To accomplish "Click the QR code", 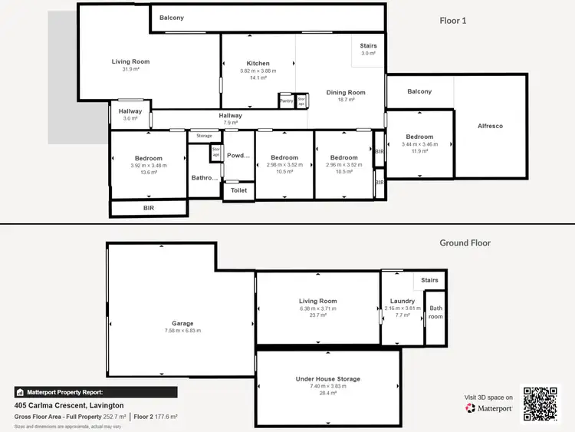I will pos(541,403).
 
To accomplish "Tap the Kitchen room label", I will pos(258,63).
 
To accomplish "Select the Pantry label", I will pos(287,101).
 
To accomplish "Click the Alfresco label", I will pos(490,126).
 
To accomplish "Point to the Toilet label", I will pos(238,190).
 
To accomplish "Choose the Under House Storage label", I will pos(327,379).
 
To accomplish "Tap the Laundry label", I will pos(402,301).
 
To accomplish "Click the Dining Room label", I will pos(346,92).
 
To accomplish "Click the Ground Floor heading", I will pos(465,242).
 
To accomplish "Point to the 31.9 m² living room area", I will pos(130,69).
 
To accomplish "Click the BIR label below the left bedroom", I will pos(149,208).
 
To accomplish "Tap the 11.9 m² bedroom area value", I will pos(419,151).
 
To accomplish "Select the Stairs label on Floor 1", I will pos(368,46).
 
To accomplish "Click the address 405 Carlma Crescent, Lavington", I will pos(69,405).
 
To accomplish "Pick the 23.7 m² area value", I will pos(318,315).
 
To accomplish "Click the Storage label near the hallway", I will pos(204,136).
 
